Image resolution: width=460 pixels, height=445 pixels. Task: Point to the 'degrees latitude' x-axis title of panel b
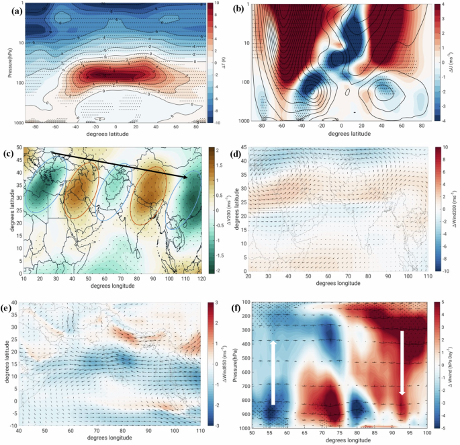point(344,133)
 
